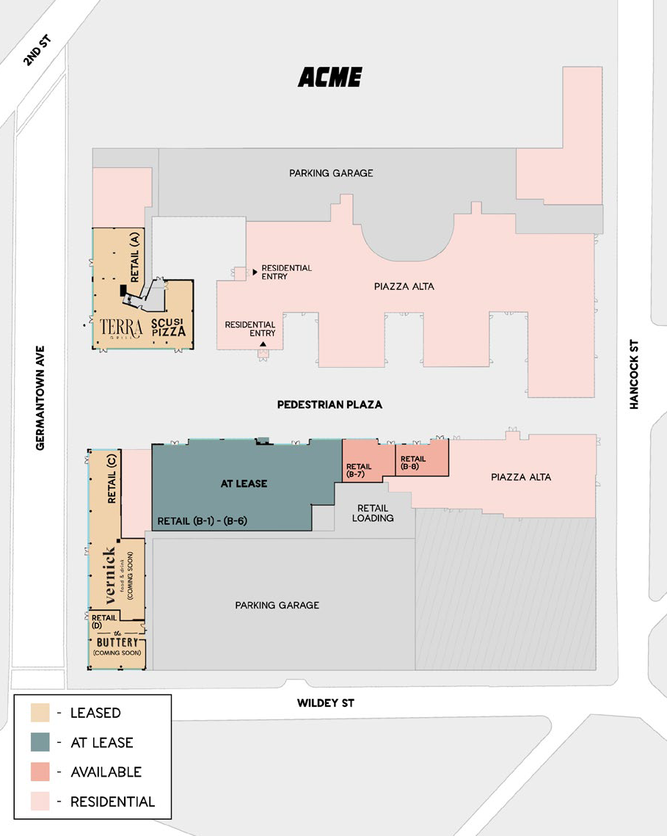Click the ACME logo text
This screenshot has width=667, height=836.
330,77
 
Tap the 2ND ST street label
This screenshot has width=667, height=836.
37,50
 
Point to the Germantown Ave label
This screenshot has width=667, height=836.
40,398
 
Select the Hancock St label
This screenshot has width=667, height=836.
634,374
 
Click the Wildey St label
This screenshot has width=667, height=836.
325,702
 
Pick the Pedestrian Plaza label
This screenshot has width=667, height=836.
329,404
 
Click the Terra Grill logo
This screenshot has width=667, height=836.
122,328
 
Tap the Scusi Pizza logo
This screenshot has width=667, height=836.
169,327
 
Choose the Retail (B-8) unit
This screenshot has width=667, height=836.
422,458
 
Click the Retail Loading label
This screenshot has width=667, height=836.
373,513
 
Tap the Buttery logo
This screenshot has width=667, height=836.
117,642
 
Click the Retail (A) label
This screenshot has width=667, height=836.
134,257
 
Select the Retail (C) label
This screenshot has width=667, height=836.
112,479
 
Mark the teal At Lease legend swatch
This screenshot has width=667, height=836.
40,741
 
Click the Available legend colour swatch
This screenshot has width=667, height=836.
40,771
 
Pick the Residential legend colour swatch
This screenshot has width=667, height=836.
40,802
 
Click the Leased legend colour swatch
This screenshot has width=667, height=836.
40,712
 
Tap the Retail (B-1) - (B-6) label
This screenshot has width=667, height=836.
202,521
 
